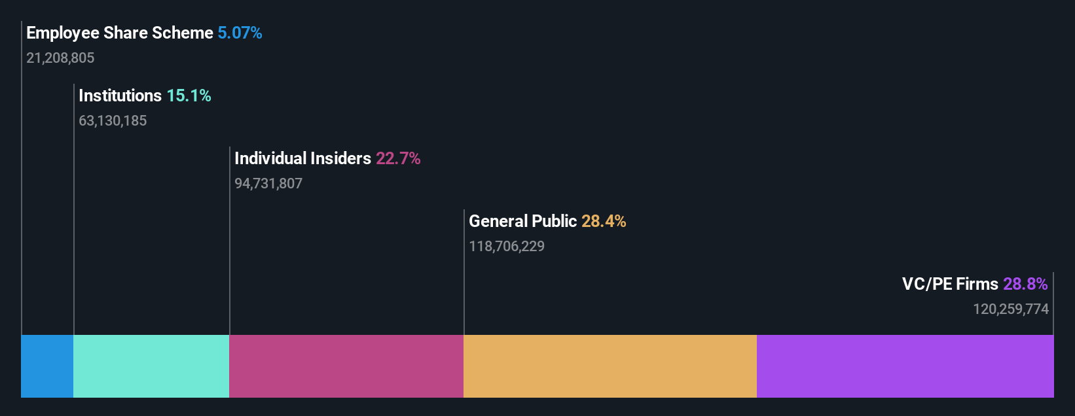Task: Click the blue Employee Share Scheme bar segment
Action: point(47,366)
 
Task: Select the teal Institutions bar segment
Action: point(151,366)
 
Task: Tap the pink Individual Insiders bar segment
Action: point(346,366)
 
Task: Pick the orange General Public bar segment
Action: point(610,366)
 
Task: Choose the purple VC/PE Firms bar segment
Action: point(905,366)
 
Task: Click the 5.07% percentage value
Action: point(240,33)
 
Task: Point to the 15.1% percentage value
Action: point(189,95)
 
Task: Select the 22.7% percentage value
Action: point(398,158)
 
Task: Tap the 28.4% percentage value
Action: point(604,221)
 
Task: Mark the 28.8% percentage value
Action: point(1025,284)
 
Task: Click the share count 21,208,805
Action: point(60,58)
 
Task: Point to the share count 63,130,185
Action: point(113,121)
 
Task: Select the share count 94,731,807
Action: point(268,184)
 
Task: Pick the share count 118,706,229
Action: point(507,247)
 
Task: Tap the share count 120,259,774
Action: point(1011,309)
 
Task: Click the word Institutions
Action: point(120,95)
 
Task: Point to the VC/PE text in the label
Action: point(926,284)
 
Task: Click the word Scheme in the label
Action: point(187,33)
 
